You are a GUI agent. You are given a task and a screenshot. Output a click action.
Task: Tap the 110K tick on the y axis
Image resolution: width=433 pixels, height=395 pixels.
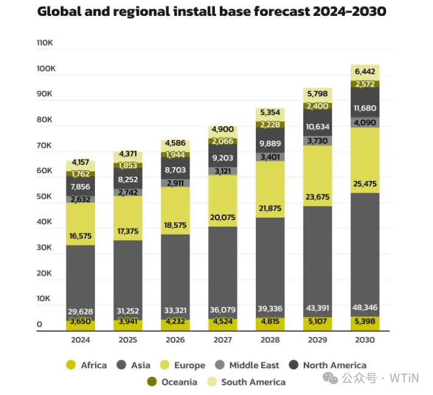(46, 43)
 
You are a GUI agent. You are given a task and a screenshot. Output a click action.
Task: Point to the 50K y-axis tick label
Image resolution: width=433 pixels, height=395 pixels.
(46, 196)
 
